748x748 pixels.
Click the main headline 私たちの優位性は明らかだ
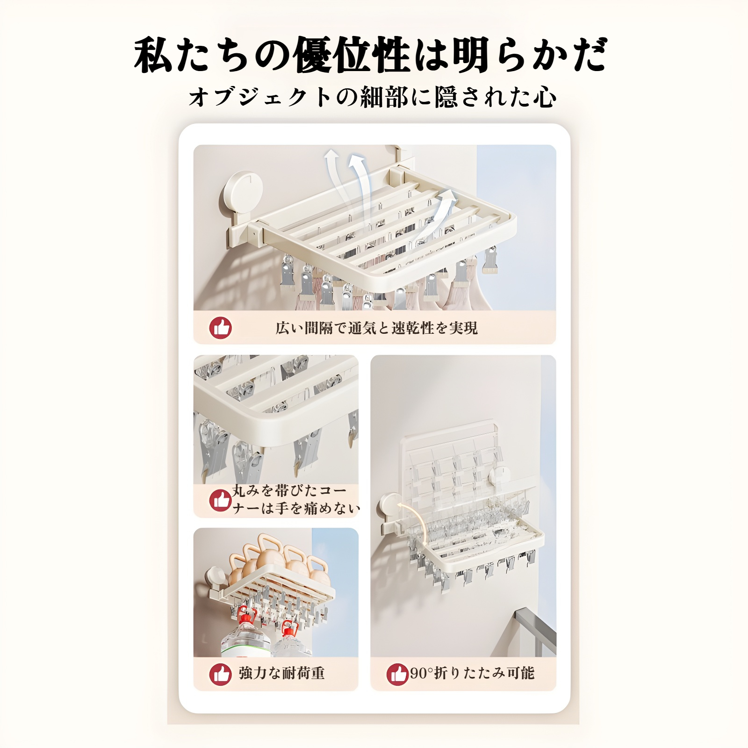pyautogui.click(x=372, y=55)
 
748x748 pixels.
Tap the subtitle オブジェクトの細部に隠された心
pyautogui.click(x=373, y=97)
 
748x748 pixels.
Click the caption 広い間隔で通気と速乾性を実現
pyautogui.click(x=376, y=328)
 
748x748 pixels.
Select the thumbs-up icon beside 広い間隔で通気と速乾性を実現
pyautogui.click(x=220, y=328)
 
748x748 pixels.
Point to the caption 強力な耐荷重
pyautogui.click(x=281, y=673)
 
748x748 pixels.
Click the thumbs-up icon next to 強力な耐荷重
pyautogui.click(x=220, y=674)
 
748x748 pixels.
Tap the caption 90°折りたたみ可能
pyautogui.click(x=472, y=673)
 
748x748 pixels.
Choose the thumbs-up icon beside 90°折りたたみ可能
pyautogui.click(x=397, y=674)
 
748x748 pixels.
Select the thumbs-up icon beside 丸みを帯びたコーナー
pyautogui.click(x=220, y=500)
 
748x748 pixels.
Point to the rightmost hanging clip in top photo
pyautogui.click(x=490, y=261)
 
